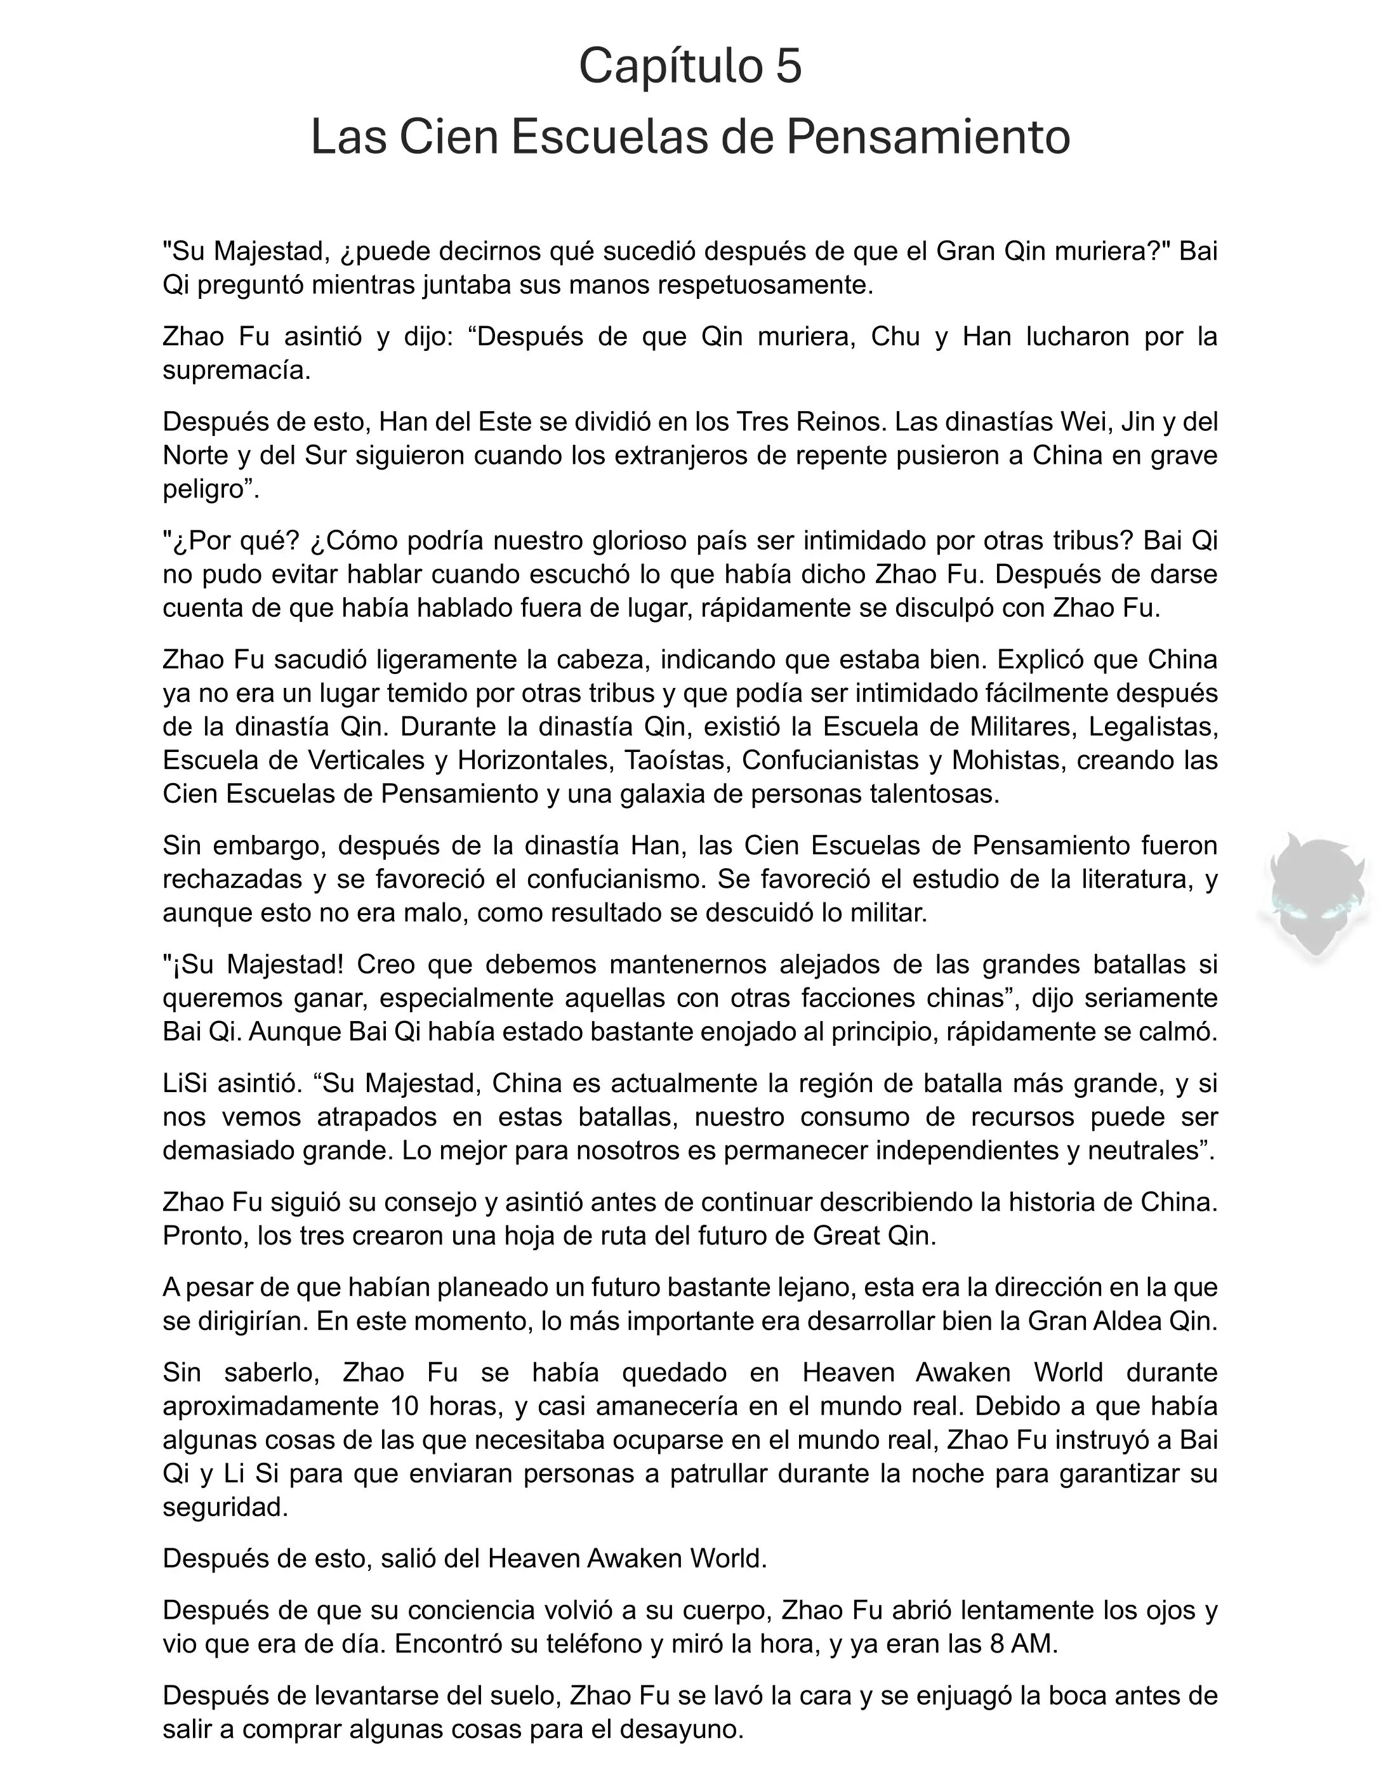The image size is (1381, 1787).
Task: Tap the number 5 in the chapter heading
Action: pyautogui.click(x=788, y=66)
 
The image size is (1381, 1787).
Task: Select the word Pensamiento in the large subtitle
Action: pyautogui.click(x=928, y=138)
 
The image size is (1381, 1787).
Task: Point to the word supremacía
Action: pyautogui.click(x=237, y=371)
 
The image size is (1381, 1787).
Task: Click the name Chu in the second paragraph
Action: pyautogui.click(x=895, y=336)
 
